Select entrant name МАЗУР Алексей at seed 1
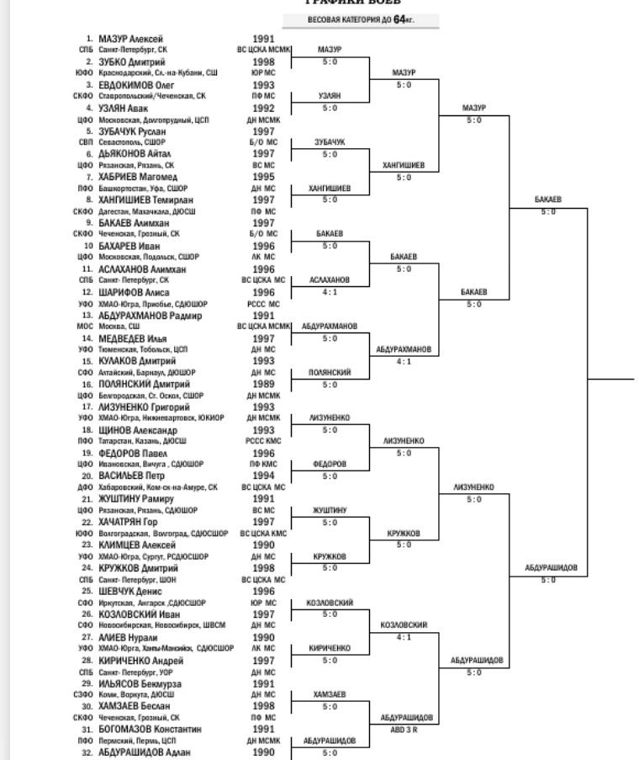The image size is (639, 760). coord(130,39)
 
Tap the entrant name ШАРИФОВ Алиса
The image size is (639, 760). coord(134,292)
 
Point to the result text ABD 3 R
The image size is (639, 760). coord(406,730)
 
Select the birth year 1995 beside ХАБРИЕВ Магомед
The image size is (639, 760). coord(263,177)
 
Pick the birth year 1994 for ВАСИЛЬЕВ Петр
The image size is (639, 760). coord(263,476)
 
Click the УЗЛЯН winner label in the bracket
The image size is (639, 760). coord(330,96)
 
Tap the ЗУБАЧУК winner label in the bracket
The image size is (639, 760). coord(330,142)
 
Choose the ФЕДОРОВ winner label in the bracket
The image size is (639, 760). coord(330,464)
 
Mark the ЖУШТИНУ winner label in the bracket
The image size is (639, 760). coord(330,510)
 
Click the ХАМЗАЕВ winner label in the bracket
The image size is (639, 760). coord(330,694)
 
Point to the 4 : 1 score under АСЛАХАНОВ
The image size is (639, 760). coord(330,292)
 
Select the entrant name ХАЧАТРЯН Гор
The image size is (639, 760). coord(134,522)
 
